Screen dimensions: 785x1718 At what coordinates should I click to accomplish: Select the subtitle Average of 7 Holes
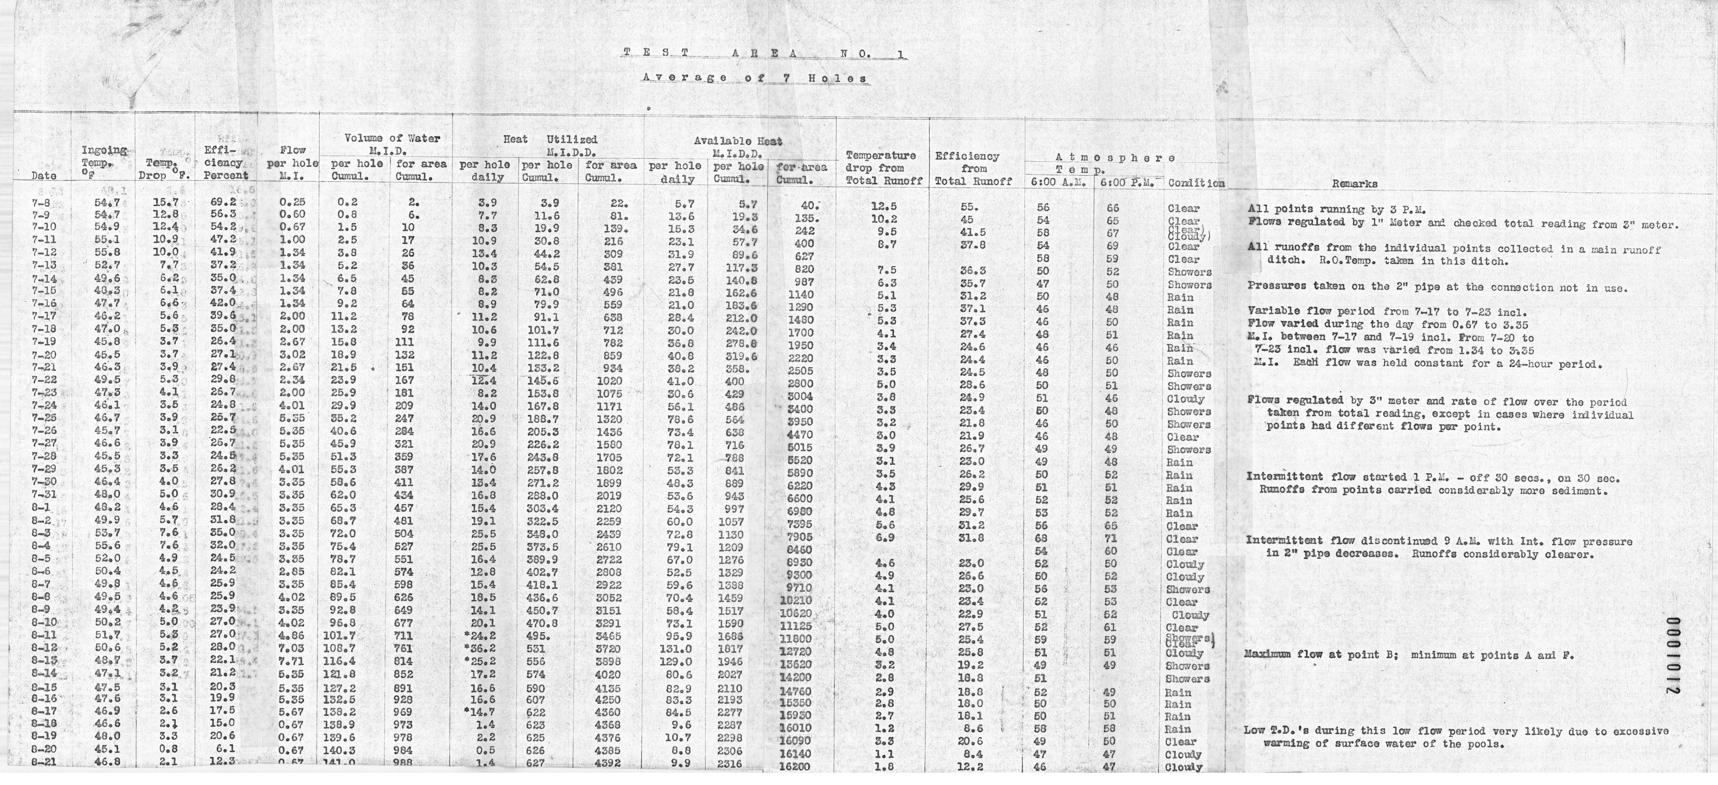tap(755, 78)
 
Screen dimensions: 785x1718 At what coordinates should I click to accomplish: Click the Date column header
tap(44, 176)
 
